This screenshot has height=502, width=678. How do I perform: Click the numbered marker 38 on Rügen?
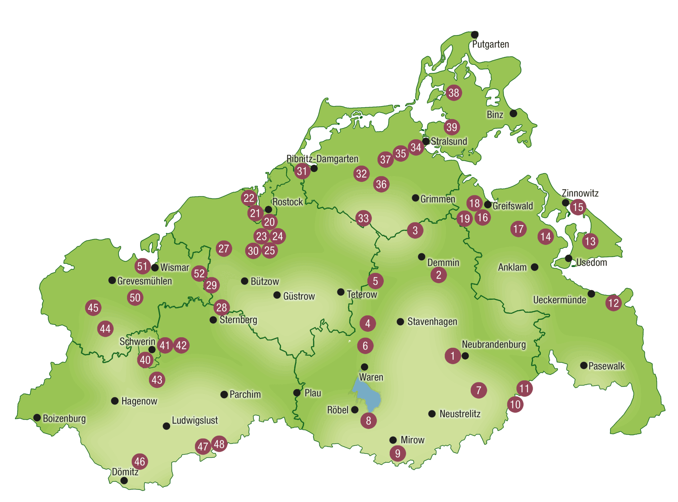(x=453, y=93)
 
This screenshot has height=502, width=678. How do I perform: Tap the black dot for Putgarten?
(x=475, y=35)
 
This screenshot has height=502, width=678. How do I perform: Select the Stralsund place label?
(x=449, y=141)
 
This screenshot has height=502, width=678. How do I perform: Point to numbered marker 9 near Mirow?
(x=398, y=453)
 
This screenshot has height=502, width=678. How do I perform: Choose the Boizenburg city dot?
(x=37, y=418)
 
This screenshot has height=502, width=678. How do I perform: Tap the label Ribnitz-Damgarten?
(x=322, y=159)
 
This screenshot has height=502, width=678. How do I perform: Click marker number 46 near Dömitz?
(x=140, y=461)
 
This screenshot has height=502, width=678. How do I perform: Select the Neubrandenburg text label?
(x=494, y=344)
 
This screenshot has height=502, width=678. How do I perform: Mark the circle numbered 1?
(x=453, y=356)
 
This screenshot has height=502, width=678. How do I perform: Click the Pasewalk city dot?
(x=584, y=365)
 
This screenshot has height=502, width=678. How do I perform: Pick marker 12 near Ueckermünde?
(x=613, y=303)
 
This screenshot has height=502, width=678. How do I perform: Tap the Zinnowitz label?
(x=580, y=193)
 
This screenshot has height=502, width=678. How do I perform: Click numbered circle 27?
(x=224, y=249)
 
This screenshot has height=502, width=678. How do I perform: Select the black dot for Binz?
(x=513, y=114)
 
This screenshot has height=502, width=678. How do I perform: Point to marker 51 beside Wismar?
(x=142, y=266)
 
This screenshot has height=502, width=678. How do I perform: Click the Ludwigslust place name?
(x=195, y=421)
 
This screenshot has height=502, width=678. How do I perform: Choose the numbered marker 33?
(x=363, y=218)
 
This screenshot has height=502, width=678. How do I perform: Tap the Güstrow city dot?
(x=277, y=295)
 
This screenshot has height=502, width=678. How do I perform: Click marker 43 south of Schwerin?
(x=157, y=380)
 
